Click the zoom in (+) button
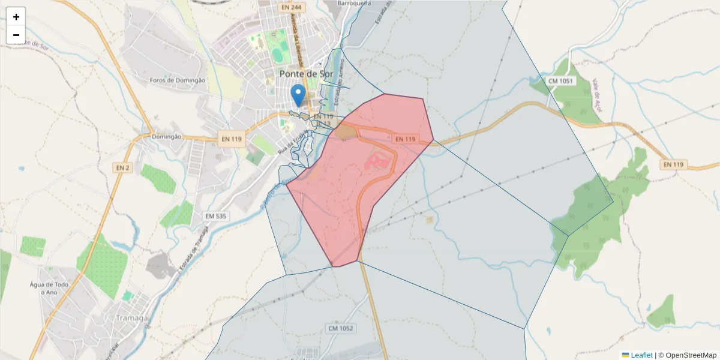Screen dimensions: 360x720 click(16, 17)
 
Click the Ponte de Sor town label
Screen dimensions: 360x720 click(307, 74)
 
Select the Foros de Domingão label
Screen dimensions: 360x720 click(178, 80)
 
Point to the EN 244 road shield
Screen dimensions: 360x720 click(290, 7)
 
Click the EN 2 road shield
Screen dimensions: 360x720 click(122, 168)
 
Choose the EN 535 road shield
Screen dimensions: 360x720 click(216, 216)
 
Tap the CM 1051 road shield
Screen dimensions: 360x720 click(561, 81)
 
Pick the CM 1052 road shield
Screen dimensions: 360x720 click(341, 328)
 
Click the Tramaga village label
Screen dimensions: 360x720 click(132, 318)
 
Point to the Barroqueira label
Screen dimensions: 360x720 click(354, 3)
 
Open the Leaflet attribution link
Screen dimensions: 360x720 click(641, 355)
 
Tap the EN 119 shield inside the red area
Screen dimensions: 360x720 click(406, 139)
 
